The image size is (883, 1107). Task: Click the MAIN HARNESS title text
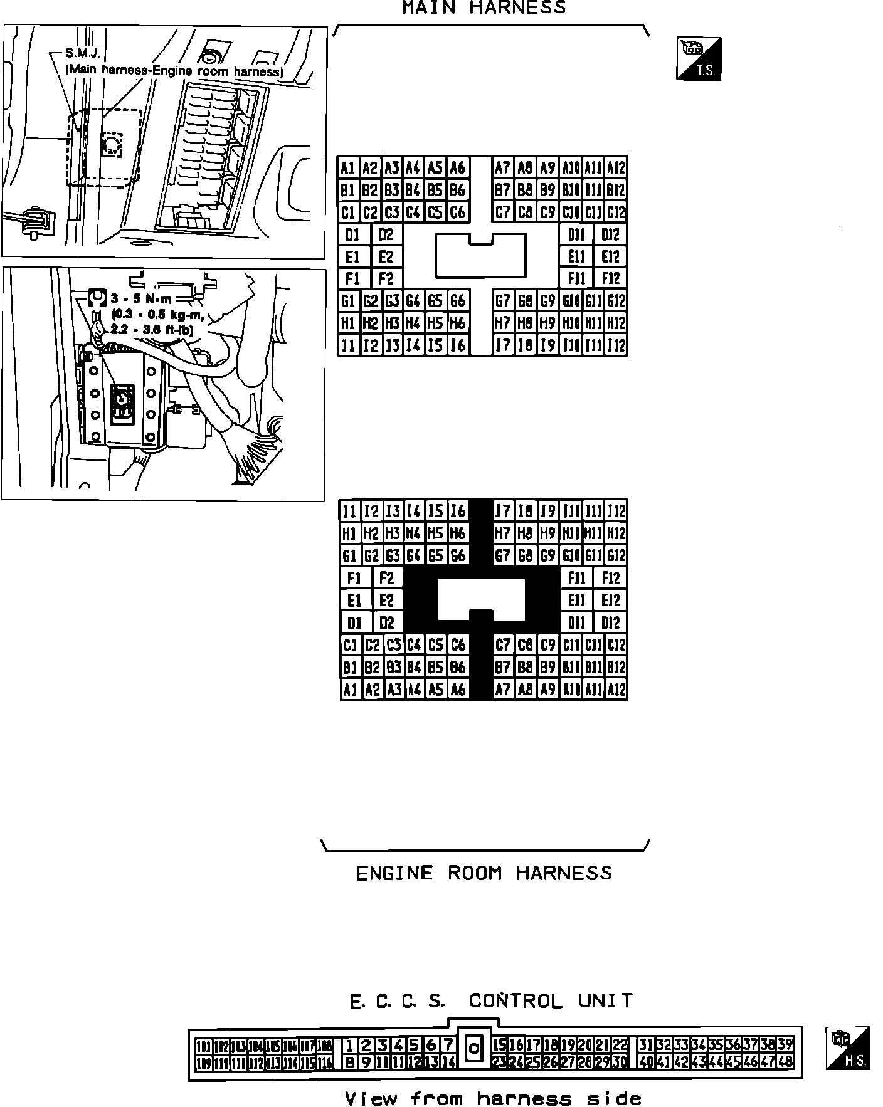pyautogui.click(x=484, y=8)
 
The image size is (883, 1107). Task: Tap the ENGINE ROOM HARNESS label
pyautogui.click(x=484, y=873)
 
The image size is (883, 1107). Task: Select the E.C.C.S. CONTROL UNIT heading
pyautogui.click(x=490, y=1000)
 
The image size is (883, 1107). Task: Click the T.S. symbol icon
pyautogui.click(x=699, y=59)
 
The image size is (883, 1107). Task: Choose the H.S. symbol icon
pyautogui.click(x=848, y=1048)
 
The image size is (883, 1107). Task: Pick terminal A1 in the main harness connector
pyautogui.click(x=349, y=168)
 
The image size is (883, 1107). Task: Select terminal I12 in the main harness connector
pyautogui.click(x=616, y=345)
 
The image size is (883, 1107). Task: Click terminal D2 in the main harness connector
pyautogui.click(x=386, y=235)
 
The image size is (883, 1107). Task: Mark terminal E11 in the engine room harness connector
pyautogui.click(x=576, y=601)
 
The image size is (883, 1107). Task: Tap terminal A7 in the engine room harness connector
pyautogui.click(x=503, y=690)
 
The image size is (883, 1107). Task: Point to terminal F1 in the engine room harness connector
pyautogui.click(x=354, y=577)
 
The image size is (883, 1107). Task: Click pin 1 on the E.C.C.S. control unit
pyautogui.click(x=350, y=1045)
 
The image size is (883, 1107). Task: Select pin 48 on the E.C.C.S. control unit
pyautogui.click(x=785, y=1062)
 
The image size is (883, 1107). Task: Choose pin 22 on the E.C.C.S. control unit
pyautogui.click(x=620, y=1045)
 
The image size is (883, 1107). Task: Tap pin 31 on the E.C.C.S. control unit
pyautogui.click(x=646, y=1045)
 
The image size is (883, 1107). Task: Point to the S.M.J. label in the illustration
pyautogui.click(x=83, y=54)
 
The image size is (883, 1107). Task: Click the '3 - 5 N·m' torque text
pyautogui.click(x=142, y=299)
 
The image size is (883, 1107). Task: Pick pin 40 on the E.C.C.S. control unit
pyautogui.click(x=646, y=1062)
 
